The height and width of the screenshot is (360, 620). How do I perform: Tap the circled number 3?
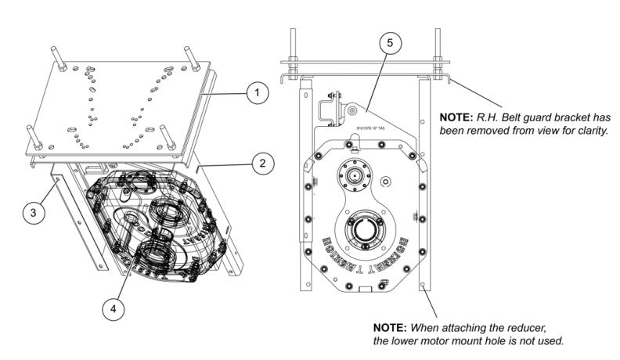33,211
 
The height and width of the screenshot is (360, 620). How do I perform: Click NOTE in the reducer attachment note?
389,326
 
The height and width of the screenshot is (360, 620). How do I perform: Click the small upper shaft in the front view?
357,174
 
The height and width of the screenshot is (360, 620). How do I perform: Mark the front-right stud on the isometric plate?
167,136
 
